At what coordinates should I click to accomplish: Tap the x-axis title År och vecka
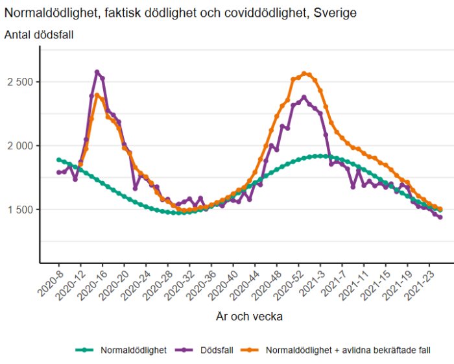click(248, 317)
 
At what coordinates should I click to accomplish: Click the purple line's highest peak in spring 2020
click(97, 72)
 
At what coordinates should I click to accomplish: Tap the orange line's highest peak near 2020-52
click(305, 73)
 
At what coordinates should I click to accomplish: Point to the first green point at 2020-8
click(58, 160)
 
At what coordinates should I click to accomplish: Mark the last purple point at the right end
click(440, 217)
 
